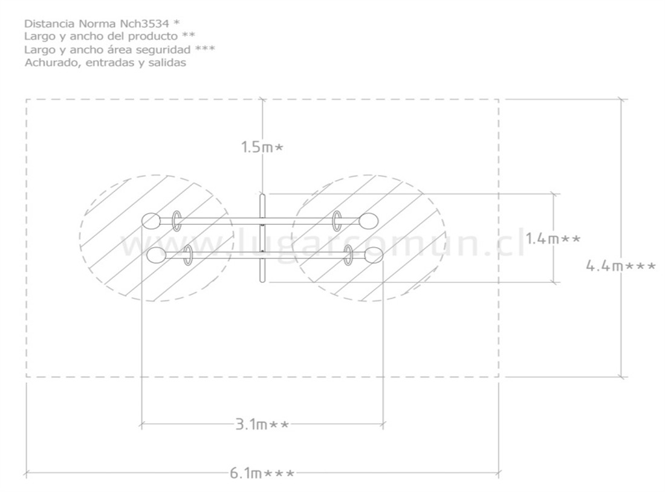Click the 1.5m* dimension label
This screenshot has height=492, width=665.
(262, 147)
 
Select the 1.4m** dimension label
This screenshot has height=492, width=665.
(553, 239)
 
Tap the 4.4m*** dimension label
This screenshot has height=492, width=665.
(620, 266)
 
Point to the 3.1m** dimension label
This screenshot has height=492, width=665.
(262, 424)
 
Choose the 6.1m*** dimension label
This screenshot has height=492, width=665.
(262, 473)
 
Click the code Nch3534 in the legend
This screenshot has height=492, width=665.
(141, 23)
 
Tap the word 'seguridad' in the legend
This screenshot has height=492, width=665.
(166, 50)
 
